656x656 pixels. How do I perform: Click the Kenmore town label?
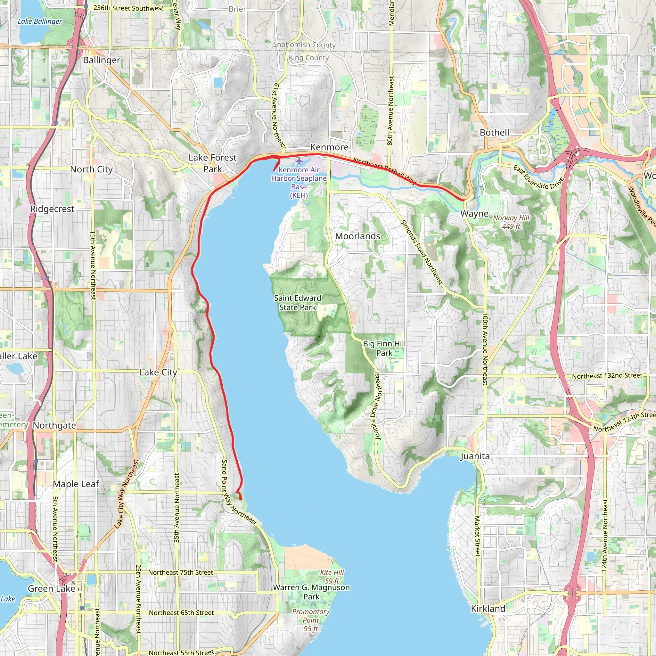pyautogui.click(x=329, y=147)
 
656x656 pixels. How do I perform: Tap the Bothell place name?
pyautogui.click(x=494, y=132)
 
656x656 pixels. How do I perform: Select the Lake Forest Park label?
pyautogui.click(x=212, y=163)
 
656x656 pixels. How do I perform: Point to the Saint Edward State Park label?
pyautogui.click(x=298, y=302)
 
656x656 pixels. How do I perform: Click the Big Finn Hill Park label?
pyautogui.click(x=384, y=348)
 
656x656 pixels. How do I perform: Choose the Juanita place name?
pyautogui.click(x=475, y=456)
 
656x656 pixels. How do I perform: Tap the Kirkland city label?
pyautogui.click(x=488, y=609)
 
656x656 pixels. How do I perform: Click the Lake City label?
pyautogui.click(x=158, y=373)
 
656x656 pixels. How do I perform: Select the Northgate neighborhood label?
pyautogui.click(x=54, y=425)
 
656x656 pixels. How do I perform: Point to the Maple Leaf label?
pyautogui.click(x=76, y=484)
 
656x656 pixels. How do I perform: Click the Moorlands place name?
pyautogui.click(x=357, y=236)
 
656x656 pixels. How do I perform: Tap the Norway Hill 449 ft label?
pyautogui.click(x=511, y=222)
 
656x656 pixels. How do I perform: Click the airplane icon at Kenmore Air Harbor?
pyautogui.click(x=299, y=160)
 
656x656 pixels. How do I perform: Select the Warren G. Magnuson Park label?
pyautogui.click(x=311, y=592)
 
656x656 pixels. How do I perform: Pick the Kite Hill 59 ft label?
pyautogui.click(x=332, y=577)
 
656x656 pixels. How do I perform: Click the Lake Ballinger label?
pyautogui.click(x=40, y=21)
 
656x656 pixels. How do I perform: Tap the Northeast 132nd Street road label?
pyautogui.click(x=607, y=376)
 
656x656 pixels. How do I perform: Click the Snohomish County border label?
pyautogui.click(x=304, y=45)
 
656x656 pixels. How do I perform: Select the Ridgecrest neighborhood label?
pyautogui.click(x=52, y=209)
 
